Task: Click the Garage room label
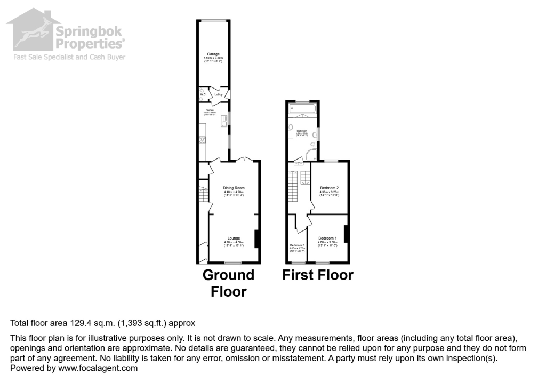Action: pos(213,54)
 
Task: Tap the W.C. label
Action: pos(203,94)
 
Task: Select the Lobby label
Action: pos(218,94)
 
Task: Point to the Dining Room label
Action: pos(234,188)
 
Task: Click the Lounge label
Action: pos(234,238)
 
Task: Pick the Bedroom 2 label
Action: pos(330,188)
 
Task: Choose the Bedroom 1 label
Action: pos(327,238)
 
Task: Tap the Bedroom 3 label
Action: pos(296,245)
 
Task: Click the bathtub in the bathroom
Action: pos(303,109)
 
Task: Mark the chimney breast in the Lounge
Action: pos(258,238)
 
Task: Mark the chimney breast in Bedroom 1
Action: pos(346,234)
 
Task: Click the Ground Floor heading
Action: pos(229,283)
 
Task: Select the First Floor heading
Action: pos(318,275)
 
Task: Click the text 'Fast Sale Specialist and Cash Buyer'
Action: pos(69,57)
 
